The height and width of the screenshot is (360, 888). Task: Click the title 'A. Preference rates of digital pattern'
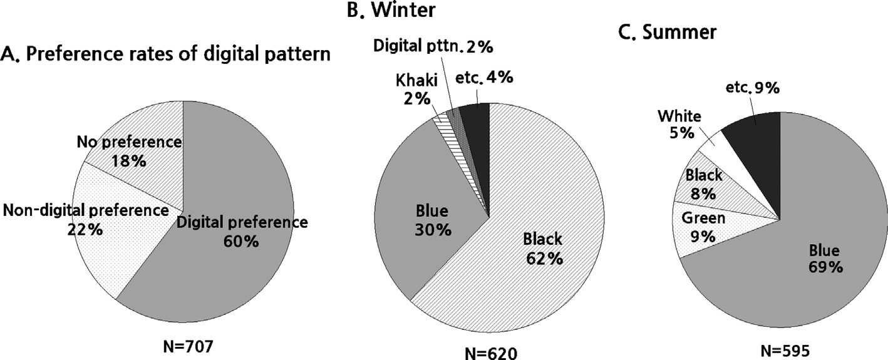[166, 55]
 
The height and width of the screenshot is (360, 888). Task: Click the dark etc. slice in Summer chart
[758, 135]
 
